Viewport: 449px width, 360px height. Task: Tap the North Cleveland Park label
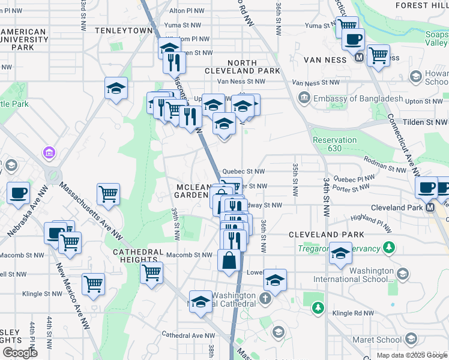tap(251, 67)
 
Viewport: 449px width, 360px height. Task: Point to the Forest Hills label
tap(420, 5)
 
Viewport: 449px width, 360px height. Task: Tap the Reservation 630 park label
tap(334, 144)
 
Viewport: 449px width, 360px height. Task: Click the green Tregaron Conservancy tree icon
tap(390, 247)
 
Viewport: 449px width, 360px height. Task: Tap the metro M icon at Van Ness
tap(360, 58)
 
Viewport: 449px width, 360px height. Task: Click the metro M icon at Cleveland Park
tap(430, 207)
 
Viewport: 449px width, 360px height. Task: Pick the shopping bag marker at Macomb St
tap(229, 261)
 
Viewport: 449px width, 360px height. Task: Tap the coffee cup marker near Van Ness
tap(353, 39)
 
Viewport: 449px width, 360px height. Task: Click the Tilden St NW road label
tap(425, 122)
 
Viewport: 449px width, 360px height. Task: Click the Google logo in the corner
tap(20, 353)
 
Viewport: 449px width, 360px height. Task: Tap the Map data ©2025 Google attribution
tap(412, 355)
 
